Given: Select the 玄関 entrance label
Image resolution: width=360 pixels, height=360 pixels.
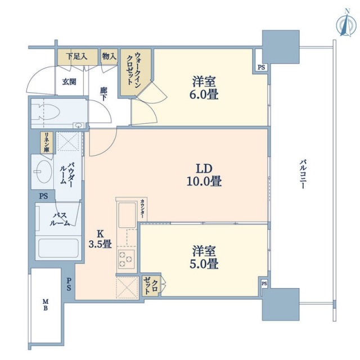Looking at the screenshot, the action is (x=70, y=82).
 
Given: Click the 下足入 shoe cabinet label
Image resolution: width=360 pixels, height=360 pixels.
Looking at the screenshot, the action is (x=76, y=56).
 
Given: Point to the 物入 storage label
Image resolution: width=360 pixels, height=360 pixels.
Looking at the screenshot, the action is (x=110, y=56).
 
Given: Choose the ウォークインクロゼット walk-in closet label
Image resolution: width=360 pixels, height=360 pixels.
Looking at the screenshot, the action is (x=134, y=69).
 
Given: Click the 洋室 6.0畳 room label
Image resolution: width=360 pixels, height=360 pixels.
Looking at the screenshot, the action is (x=204, y=88).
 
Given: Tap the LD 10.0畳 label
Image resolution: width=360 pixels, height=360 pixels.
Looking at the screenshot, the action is (x=204, y=175).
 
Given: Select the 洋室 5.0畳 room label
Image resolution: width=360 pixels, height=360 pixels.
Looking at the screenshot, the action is (x=204, y=257).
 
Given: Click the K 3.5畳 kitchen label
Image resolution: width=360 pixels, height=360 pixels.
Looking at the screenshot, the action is (x=100, y=239).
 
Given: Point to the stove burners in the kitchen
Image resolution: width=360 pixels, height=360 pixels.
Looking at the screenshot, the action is (x=126, y=259).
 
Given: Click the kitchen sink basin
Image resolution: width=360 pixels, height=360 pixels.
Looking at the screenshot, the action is (x=127, y=215).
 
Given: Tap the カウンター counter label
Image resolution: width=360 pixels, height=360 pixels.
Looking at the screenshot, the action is (x=143, y=209).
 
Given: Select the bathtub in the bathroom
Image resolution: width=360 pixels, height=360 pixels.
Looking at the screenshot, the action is (x=58, y=248).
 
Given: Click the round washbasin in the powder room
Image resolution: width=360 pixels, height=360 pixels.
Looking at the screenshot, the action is (x=44, y=172).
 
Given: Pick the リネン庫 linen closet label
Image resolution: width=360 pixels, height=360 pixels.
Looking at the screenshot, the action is (x=47, y=142).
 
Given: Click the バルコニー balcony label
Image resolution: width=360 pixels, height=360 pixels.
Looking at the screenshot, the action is (x=303, y=174).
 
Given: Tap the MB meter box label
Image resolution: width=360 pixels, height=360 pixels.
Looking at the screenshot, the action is (x=46, y=304).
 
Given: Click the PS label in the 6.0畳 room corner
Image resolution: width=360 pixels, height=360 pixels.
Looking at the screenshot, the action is (x=261, y=67).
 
